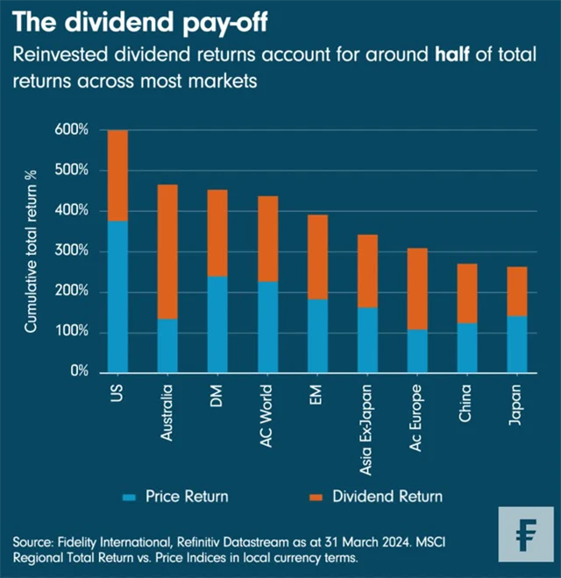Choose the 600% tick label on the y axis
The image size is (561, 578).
(72, 130)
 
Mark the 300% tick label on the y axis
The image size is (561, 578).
(72, 251)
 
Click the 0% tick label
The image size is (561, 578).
(78, 372)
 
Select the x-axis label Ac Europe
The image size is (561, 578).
(416, 416)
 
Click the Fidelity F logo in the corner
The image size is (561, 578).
(527, 533)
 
